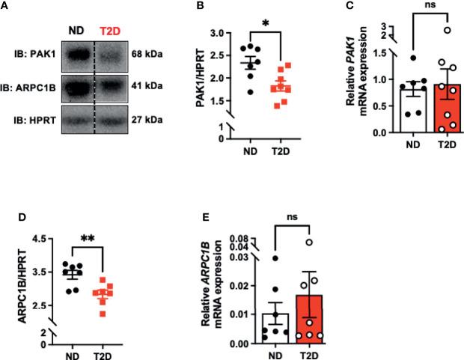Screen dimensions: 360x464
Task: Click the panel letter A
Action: coord(5,5)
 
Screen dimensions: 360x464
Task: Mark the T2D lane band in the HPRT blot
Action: coord(112,118)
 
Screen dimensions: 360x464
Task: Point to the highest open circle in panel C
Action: coord(426,31)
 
